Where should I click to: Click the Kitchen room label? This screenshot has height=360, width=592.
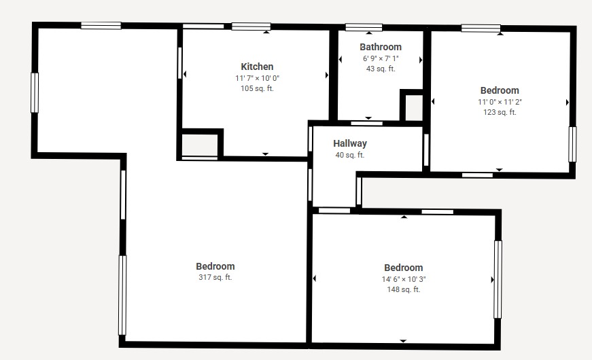pos(257,67)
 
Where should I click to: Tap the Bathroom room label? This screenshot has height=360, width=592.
pos(381,47)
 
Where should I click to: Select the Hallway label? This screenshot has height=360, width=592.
pos(350,143)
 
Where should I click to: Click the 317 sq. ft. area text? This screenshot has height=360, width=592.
pos(215,277)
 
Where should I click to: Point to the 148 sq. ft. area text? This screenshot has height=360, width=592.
pos(404,289)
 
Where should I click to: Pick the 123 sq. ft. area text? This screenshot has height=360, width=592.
pos(500,112)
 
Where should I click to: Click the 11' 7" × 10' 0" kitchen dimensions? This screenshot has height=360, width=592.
pos(257,79)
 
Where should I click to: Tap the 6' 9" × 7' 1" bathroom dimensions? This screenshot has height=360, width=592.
pos(381,58)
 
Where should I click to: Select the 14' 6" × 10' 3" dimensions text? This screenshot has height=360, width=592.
pos(404,279)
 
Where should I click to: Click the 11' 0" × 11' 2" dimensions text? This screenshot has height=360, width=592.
pos(500,102)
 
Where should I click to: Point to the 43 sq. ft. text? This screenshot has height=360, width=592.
pos(381,69)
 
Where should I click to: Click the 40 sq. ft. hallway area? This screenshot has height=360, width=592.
pos(350,155)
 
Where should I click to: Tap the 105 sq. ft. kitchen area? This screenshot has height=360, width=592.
pos(257,89)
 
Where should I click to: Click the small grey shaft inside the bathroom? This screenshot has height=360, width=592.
pos(414,108)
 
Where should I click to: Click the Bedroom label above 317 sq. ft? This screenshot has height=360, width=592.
pos(215,266)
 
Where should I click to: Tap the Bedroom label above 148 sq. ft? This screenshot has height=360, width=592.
pos(404,268)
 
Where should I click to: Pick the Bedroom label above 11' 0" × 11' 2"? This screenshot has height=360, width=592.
pos(500,90)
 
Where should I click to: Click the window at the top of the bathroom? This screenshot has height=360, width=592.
pos(364,27)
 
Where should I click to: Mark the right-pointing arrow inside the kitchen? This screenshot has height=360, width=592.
pos(327,75)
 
